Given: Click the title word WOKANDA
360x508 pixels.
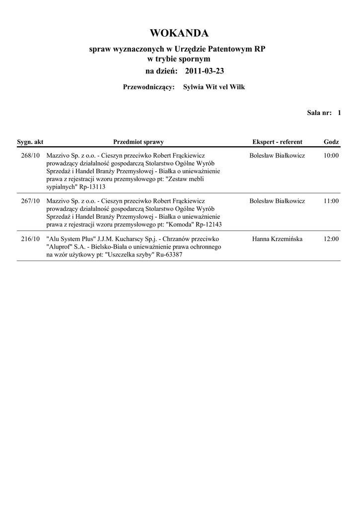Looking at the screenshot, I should [179, 34].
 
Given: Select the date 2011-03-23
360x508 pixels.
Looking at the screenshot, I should [205, 71].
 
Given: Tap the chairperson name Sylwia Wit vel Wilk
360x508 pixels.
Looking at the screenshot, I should [214, 87].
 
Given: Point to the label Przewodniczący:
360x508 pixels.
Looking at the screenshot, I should [148, 87].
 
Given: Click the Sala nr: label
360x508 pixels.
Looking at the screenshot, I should [319, 113].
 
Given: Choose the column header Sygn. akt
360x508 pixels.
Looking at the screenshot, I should [30, 142].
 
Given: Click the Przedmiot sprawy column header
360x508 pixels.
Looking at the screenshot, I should [139, 142].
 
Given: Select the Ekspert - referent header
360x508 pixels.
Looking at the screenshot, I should [277, 142].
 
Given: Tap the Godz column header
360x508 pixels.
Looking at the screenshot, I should [331, 142].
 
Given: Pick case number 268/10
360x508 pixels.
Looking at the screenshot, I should [30, 156].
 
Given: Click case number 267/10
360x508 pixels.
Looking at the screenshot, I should [30, 201].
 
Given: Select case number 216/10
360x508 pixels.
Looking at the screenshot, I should [30, 239].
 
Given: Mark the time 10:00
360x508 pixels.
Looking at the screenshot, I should [331, 156].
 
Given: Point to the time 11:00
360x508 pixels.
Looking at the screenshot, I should [331, 201].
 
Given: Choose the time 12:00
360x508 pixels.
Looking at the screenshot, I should [331, 239].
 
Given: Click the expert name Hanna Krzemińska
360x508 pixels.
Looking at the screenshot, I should [277, 239].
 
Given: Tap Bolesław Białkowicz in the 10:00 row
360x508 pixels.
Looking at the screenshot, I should [277, 156].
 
